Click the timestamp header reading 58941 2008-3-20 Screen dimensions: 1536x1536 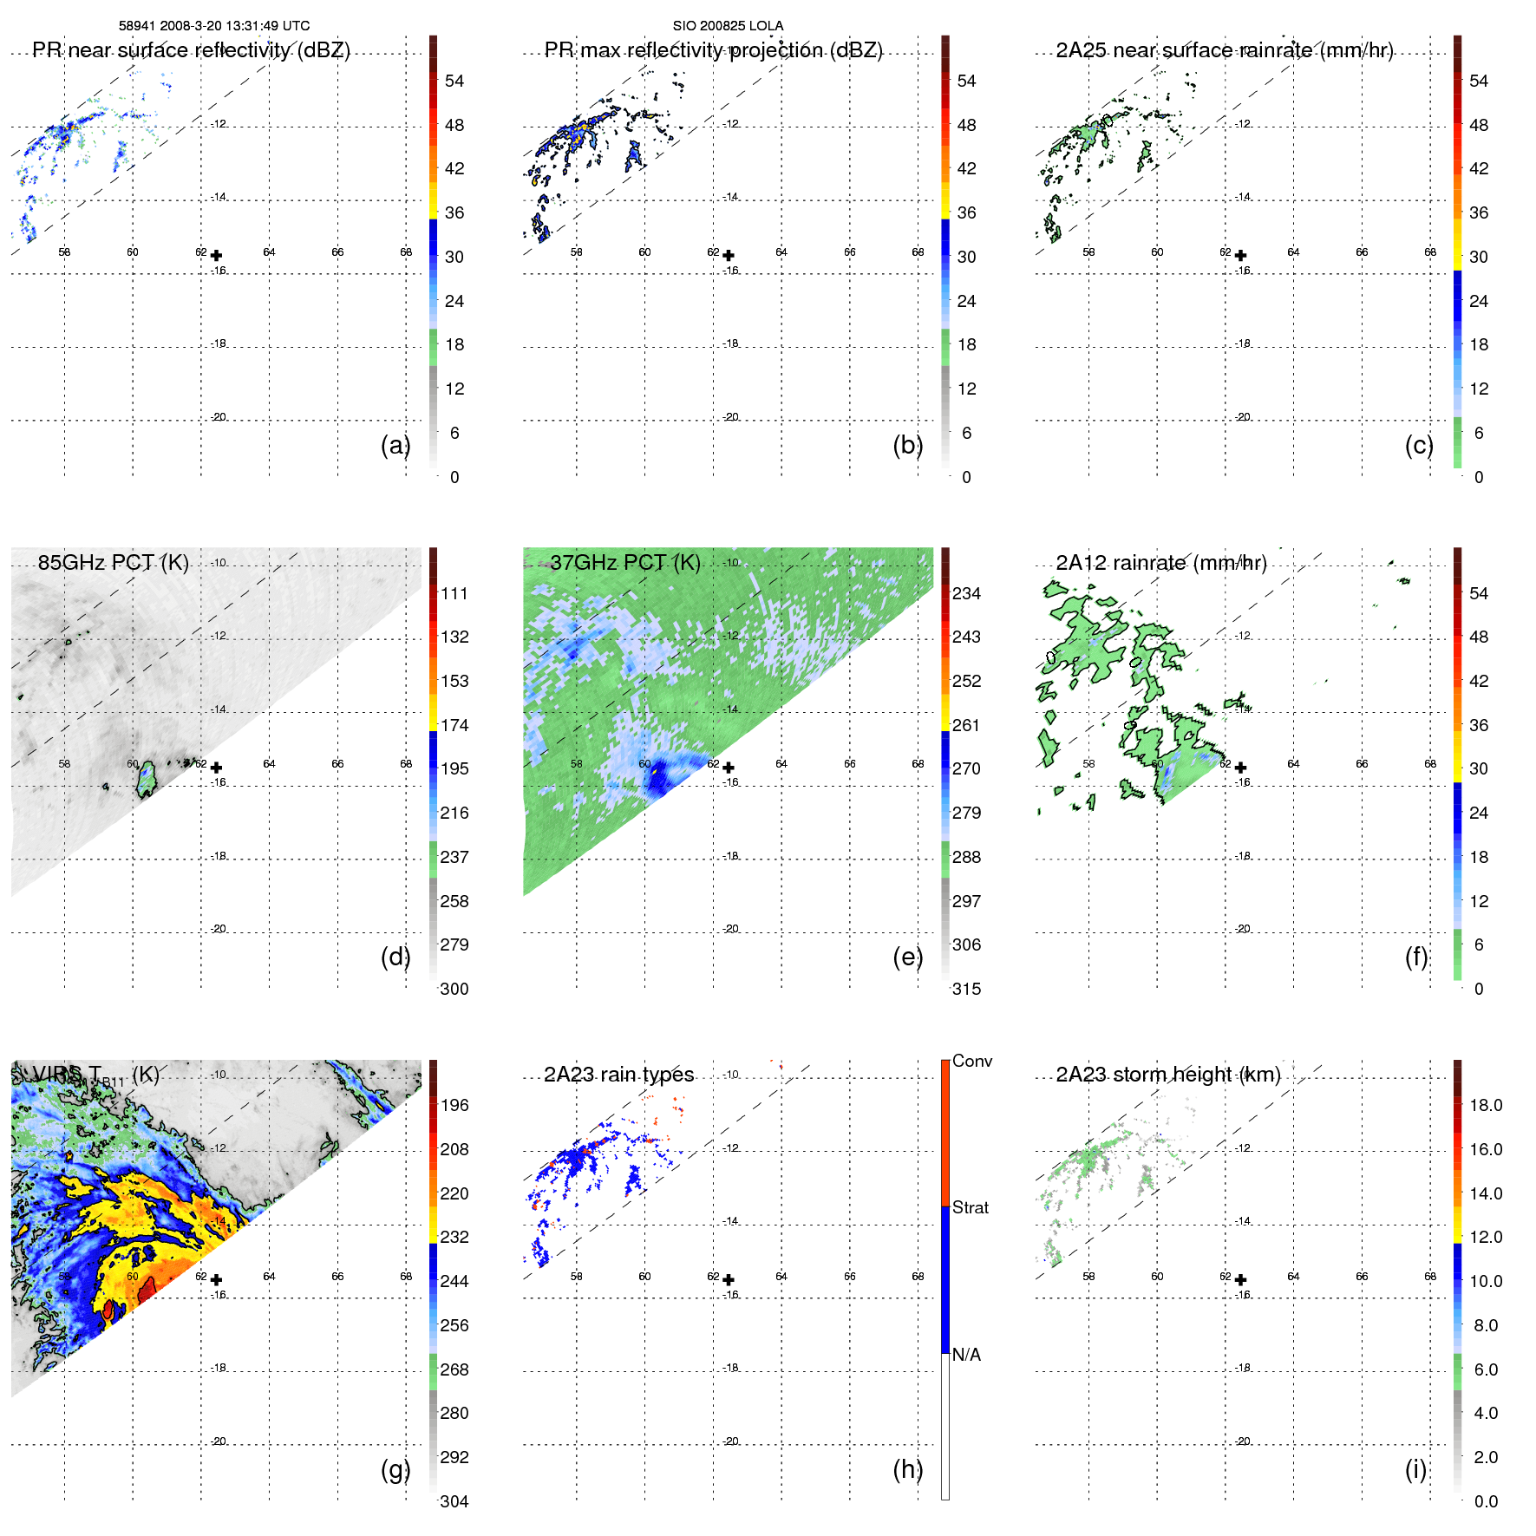pyautogui.click(x=213, y=26)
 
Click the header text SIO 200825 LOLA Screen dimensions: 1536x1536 pyautogui.click(x=728, y=26)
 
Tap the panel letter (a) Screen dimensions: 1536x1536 pyautogui.click(x=395, y=445)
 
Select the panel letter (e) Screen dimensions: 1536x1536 pyautogui.click(x=907, y=957)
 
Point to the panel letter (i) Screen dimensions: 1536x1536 pyautogui.click(x=1415, y=1469)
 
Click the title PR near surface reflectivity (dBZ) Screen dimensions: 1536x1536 pyautogui.click(x=191, y=50)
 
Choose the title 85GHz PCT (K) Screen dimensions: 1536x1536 pyautogui.click(x=113, y=562)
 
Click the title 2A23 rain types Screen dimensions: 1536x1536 pyautogui.click(x=618, y=1075)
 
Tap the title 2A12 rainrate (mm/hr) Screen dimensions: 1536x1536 pyautogui.click(x=1161, y=563)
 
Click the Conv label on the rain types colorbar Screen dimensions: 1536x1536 pyautogui.click(x=971, y=1061)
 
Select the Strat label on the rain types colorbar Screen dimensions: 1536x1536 pyautogui.click(x=970, y=1207)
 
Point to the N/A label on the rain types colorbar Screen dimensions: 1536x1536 pyautogui.click(x=966, y=1355)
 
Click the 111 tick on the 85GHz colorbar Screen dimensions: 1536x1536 pyautogui.click(x=454, y=593)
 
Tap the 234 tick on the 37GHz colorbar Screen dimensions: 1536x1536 pyautogui.click(x=966, y=593)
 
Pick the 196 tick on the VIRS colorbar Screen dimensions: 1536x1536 pyautogui.click(x=454, y=1105)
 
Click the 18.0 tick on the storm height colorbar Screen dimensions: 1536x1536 pyautogui.click(x=1486, y=1105)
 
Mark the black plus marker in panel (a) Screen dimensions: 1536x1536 pyautogui.click(x=216, y=256)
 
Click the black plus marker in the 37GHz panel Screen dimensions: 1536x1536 pyautogui.click(x=729, y=768)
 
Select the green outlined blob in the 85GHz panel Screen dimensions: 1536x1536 pyautogui.click(x=147, y=778)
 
